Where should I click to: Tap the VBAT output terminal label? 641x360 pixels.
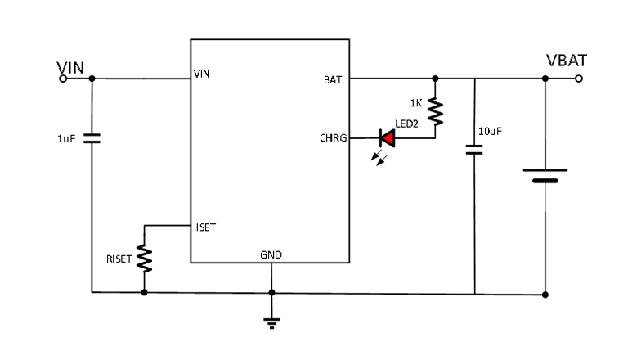pos(566,61)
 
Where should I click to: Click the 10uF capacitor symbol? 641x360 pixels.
pos(474,150)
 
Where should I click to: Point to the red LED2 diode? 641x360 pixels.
pos(387,138)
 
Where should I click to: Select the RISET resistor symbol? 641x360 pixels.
pos(144,259)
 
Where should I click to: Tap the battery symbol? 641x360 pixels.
pos(545,176)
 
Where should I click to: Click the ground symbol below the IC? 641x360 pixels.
pos(271,322)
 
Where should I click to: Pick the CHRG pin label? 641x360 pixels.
pos(333,139)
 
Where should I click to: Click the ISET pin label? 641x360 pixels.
pos(205,227)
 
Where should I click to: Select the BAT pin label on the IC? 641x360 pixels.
pos(334,79)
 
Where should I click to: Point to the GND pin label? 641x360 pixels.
pos(271,254)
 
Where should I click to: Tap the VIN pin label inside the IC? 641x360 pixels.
pos(203,74)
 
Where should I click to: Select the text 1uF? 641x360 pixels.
pos(67,139)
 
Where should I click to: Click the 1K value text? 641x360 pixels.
pos(415,103)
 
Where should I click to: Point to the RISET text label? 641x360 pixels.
pos(119,259)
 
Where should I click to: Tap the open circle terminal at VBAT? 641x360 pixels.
pos(580,79)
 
